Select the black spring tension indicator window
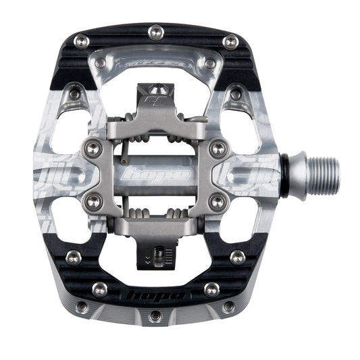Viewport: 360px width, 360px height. pyautogui.click(x=159, y=256)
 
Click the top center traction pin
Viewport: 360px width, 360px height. pyautogui.click(x=155, y=30)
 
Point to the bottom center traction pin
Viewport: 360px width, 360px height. pyautogui.click(x=155, y=315)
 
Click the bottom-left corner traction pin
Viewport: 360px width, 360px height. pyautogui.click(x=82, y=307)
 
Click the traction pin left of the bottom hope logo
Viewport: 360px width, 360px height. pyautogui.click(x=100, y=289)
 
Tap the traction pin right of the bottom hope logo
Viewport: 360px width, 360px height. pyautogui.click(x=211, y=289)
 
